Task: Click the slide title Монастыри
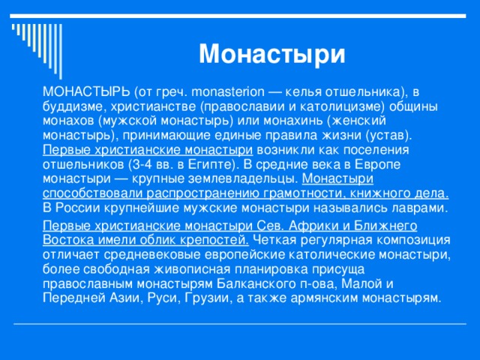click(271, 54)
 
